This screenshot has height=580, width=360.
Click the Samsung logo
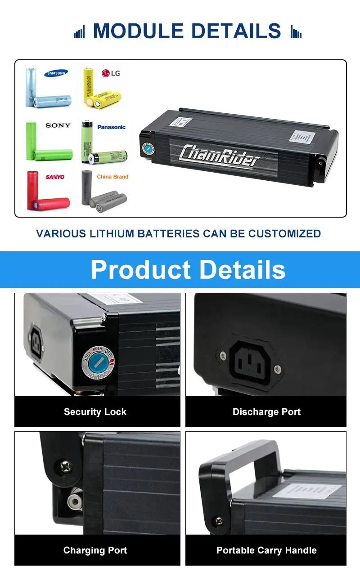point(56,73)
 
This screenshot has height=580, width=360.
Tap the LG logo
point(111,73)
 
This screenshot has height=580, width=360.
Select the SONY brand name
point(58,125)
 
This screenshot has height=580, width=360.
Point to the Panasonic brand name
point(111,127)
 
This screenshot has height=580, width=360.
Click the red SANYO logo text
point(55,177)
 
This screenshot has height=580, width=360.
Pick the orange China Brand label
point(112,177)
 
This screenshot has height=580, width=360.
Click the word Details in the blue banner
point(242,270)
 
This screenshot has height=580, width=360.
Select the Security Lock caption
point(95,412)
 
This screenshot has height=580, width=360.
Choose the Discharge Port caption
point(266,412)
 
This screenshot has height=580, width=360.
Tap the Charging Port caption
point(95,550)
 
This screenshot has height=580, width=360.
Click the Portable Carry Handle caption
point(266,550)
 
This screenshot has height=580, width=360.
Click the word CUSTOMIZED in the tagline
point(284,234)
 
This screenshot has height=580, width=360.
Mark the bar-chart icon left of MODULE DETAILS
point(79,32)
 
